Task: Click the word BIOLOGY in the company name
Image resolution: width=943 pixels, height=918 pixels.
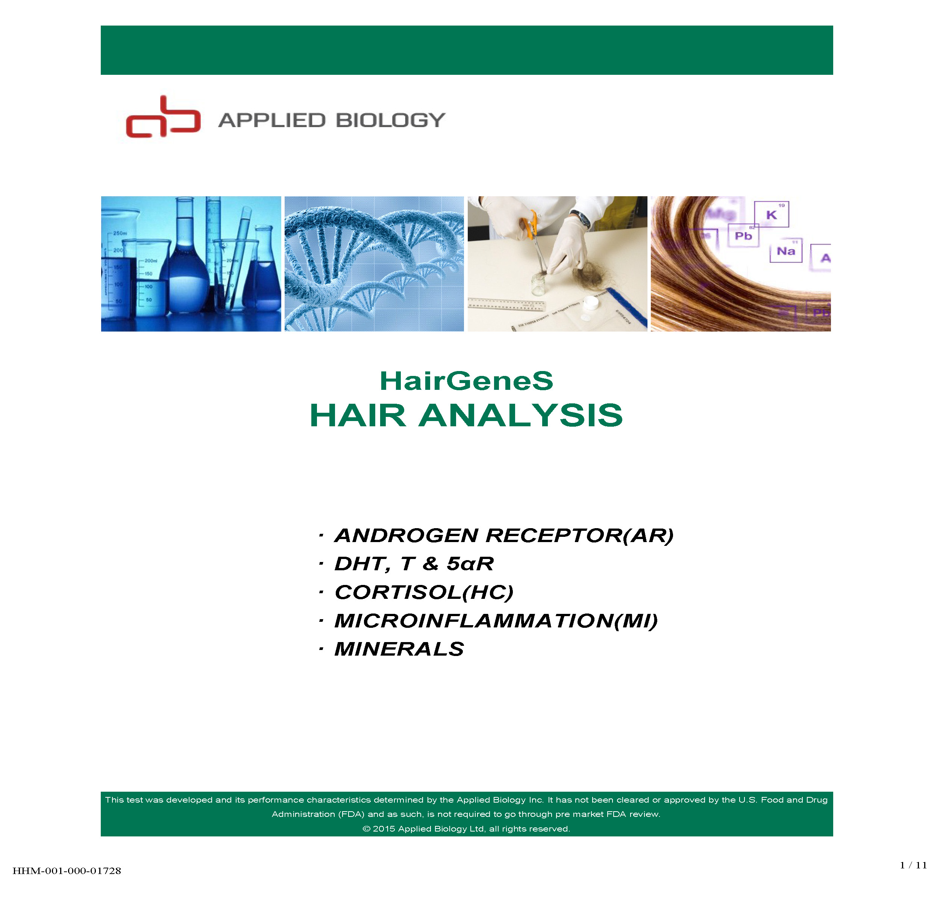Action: tap(390, 120)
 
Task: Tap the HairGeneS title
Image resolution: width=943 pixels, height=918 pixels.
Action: tap(467, 381)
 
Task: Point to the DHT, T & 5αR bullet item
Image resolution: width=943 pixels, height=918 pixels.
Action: tap(414, 564)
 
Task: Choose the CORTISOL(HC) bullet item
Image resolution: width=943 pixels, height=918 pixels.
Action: tap(424, 592)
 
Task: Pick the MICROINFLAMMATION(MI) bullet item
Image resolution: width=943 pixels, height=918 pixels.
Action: tap(496, 621)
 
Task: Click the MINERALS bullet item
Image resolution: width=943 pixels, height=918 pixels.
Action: tap(399, 649)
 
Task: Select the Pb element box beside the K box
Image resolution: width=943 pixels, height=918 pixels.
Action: tap(743, 236)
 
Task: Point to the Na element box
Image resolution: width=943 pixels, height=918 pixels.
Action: tap(786, 251)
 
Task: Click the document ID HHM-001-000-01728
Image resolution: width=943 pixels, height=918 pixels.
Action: tap(67, 871)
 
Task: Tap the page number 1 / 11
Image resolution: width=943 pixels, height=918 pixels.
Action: tap(913, 865)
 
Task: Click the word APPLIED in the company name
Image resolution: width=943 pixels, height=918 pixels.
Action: tap(272, 120)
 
